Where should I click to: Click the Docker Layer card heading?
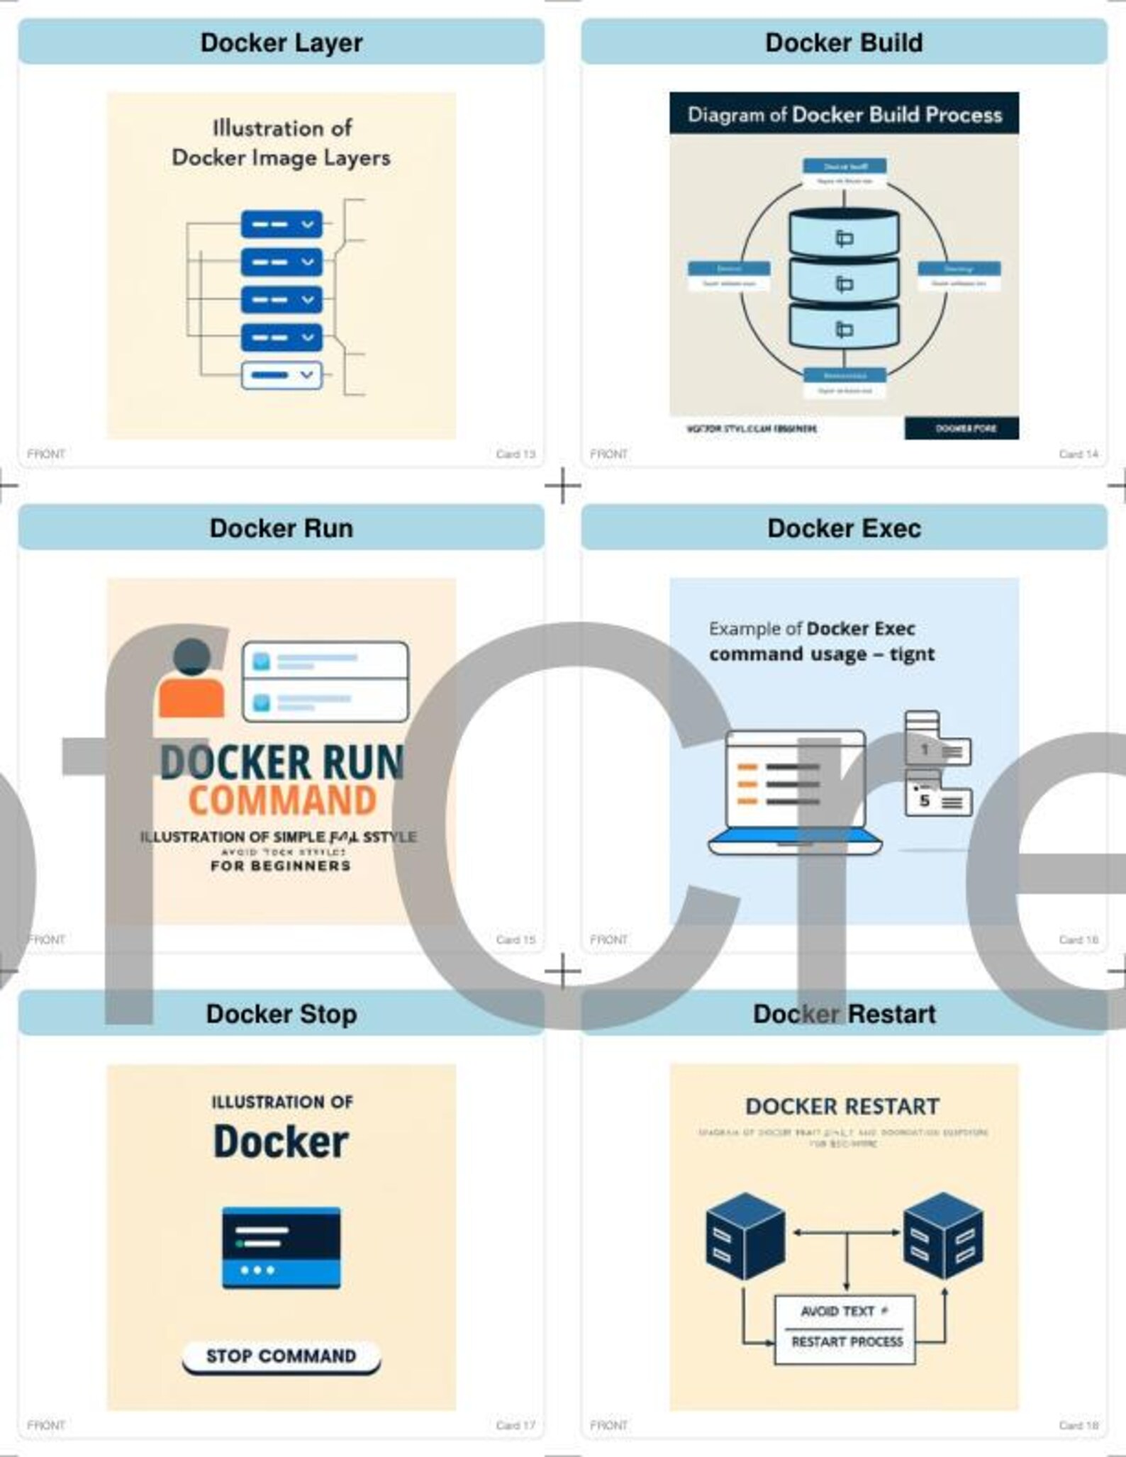click(281, 43)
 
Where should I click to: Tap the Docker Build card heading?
click(844, 43)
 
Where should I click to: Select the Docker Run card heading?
click(281, 528)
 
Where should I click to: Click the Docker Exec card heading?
click(844, 528)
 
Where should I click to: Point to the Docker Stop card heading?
click(281, 1014)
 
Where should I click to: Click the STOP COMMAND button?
click(281, 1356)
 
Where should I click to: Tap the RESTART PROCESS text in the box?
click(847, 1341)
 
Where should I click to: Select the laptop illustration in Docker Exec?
click(796, 791)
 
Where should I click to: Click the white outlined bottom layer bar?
click(281, 375)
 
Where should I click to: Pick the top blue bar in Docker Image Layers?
click(281, 224)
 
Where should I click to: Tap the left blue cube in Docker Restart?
click(745, 1235)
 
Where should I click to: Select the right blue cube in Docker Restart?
click(943, 1235)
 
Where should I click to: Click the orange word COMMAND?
click(281, 800)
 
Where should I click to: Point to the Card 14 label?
click(1078, 454)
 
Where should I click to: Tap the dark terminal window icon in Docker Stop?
click(281, 1247)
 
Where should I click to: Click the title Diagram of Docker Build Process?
click(844, 115)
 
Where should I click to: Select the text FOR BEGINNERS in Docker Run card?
click(281, 866)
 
